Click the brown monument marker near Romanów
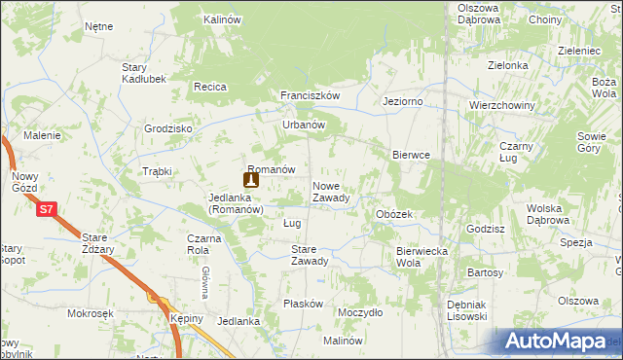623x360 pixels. (251, 179)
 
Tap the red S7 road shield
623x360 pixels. (46, 209)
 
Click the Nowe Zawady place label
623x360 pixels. (331, 192)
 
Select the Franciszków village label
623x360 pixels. (310, 96)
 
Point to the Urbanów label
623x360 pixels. (303, 125)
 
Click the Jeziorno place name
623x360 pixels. (402, 101)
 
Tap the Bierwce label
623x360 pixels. (411, 155)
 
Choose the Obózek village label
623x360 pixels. (394, 214)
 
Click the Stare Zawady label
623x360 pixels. (310, 254)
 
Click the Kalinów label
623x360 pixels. (222, 19)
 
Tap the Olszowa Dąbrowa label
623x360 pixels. (479, 14)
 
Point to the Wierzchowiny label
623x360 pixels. (498, 105)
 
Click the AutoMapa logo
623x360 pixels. (558, 341)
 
